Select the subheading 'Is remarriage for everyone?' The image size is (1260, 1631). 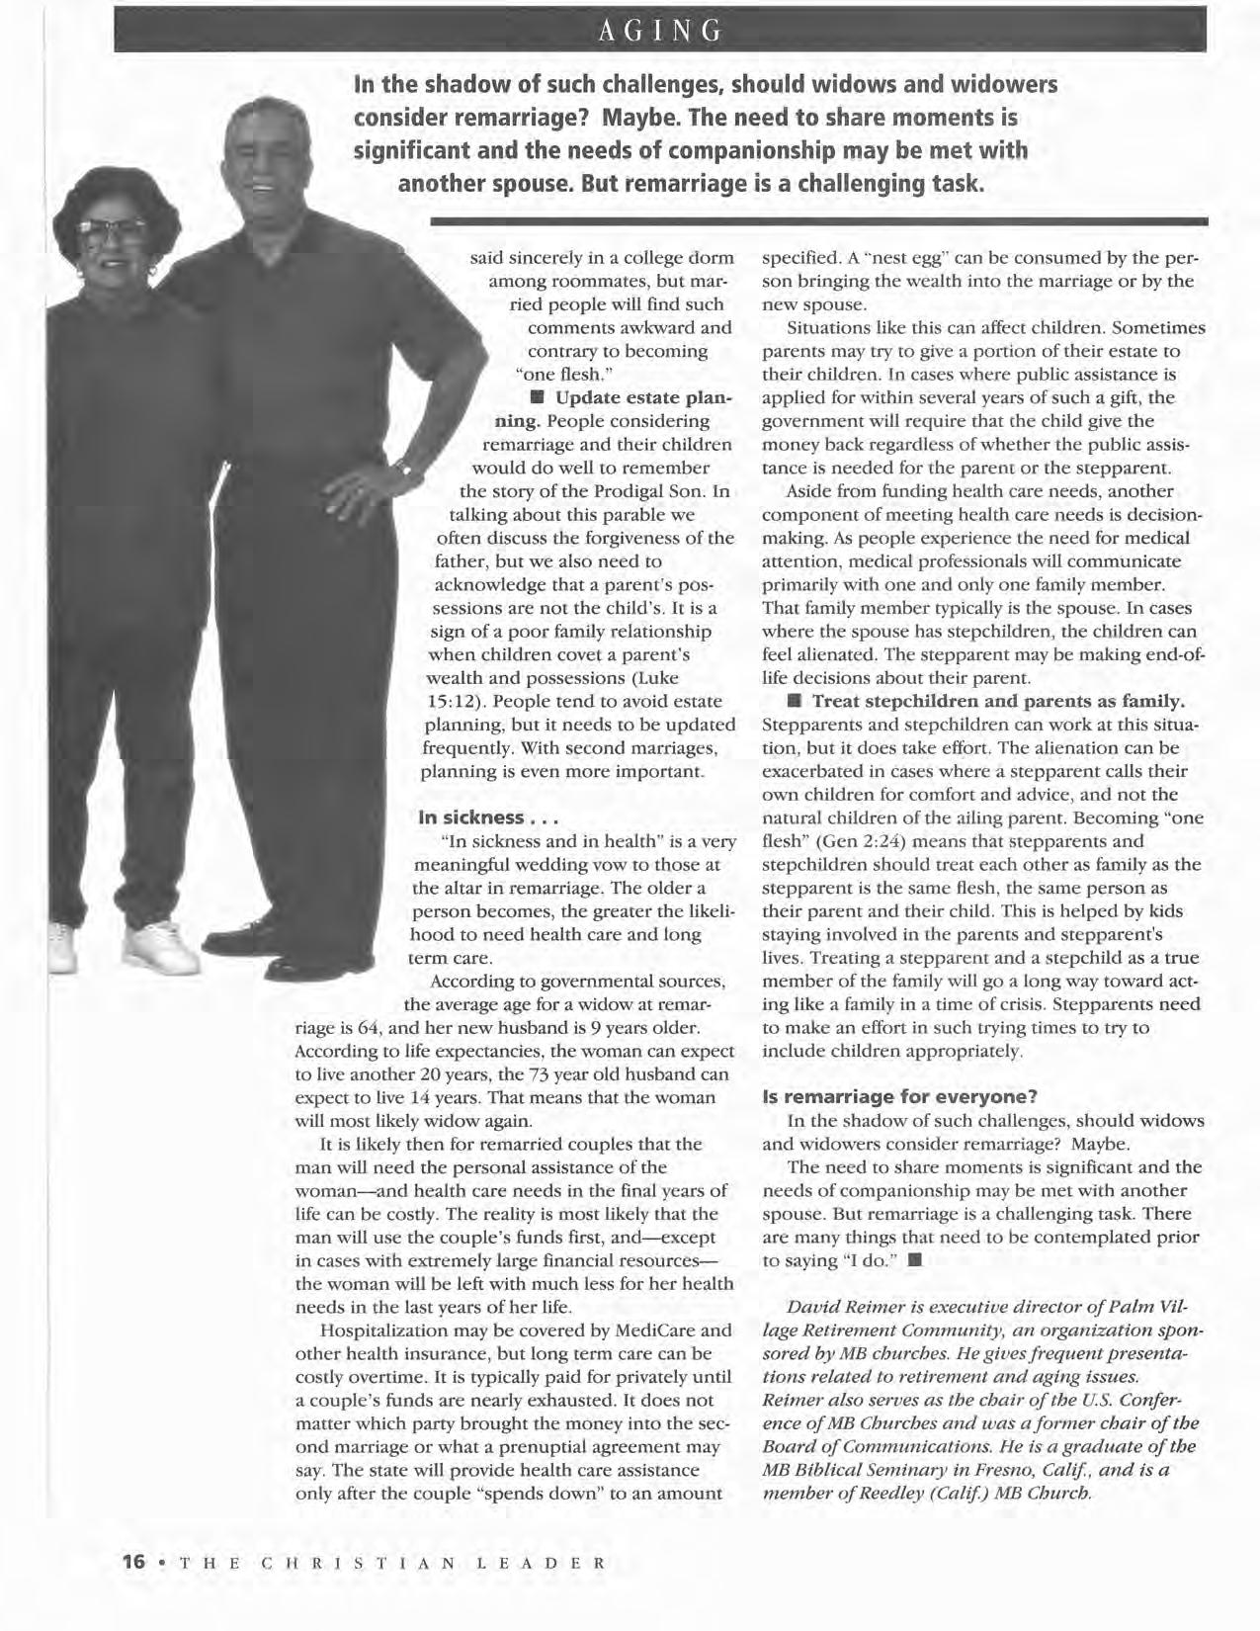[899, 1096]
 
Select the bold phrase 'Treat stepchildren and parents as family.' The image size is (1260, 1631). [998, 701]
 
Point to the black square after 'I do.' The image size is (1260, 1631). [915, 1260]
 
